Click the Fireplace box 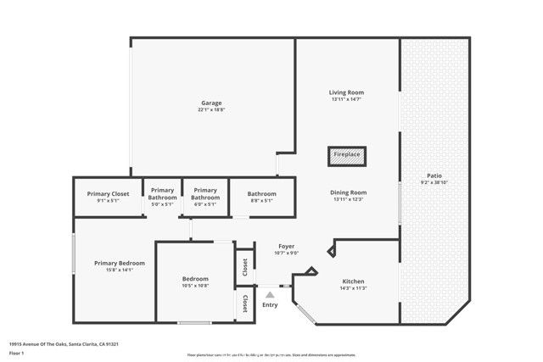coord(346,155)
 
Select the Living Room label coord(347,92)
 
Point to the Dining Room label coord(348,192)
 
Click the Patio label coord(434,175)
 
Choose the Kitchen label coord(353,281)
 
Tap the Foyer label coord(286,246)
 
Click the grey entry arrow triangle coord(270,294)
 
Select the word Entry coord(270,305)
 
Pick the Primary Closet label coord(109,194)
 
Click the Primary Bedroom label coord(120,263)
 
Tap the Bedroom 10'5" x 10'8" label coord(195,279)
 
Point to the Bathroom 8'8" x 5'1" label coord(261,194)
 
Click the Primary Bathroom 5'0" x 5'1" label coord(161,194)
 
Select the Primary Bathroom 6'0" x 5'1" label coord(205,194)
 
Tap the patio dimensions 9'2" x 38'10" coord(434,183)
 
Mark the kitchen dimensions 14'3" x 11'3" coord(353,288)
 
